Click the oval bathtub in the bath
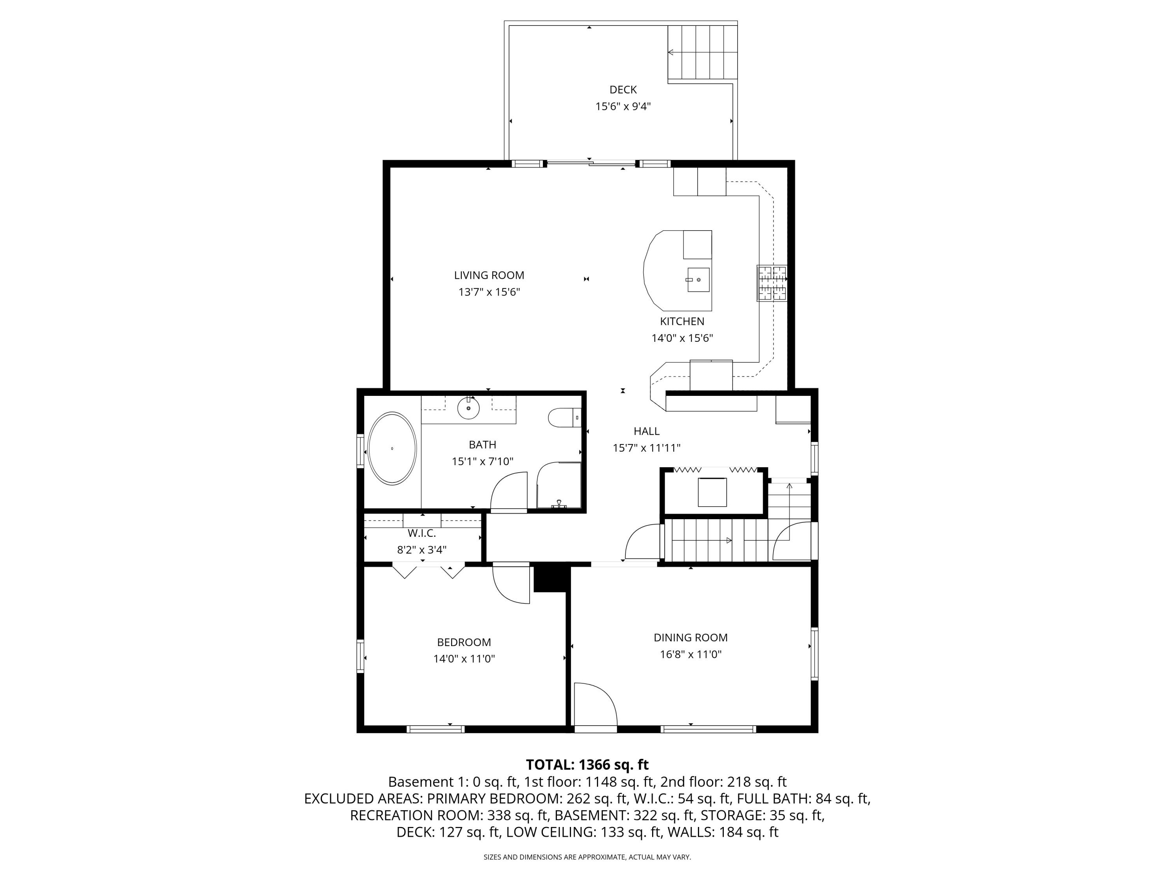point(392,448)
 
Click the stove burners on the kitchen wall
point(772,283)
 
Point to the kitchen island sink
point(698,279)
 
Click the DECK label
point(623,90)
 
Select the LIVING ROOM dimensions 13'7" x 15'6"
point(489,292)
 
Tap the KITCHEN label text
point(682,321)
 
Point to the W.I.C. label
point(422,533)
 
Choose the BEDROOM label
point(464,643)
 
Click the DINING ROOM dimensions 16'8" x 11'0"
point(691,654)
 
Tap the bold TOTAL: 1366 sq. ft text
point(587,765)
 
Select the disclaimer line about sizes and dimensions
point(587,857)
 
